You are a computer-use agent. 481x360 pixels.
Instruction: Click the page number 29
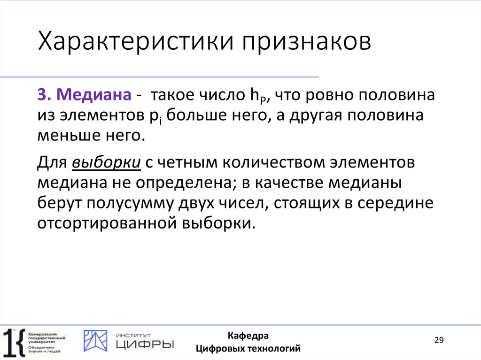(x=439, y=340)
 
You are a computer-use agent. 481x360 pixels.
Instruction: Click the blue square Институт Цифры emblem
(x=95, y=341)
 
